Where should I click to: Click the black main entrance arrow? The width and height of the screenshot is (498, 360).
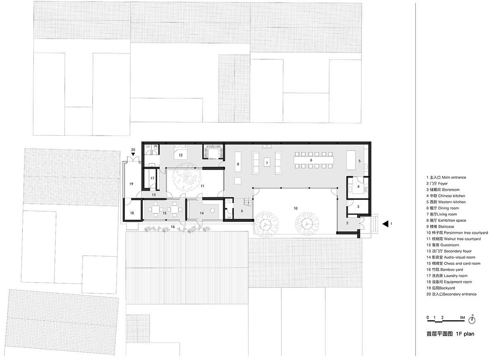[x=386, y=224]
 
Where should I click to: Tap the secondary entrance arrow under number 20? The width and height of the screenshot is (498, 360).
[x=133, y=154]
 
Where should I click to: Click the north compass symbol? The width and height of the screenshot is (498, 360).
[x=472, y=319]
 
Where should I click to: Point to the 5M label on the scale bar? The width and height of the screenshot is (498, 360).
[x=462, y=318]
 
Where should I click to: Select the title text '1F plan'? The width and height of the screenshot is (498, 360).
[x=465, y=334]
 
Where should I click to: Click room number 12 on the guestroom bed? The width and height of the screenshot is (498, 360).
[x=181, y=155]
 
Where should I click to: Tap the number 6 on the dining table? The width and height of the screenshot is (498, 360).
[x=311, y=160]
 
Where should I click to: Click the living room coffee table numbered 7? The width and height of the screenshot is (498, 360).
[x=267, y=163]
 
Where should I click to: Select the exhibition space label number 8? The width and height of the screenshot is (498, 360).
[x=238, y=164]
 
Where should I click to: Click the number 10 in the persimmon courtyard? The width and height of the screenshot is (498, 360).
[x=295, y=208]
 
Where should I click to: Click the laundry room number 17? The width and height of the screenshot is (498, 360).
[x=152, y=178]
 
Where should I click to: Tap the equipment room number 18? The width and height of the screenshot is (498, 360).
[x=132, y=213]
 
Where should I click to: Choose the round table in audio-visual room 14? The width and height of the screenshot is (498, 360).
[x=212, y=210]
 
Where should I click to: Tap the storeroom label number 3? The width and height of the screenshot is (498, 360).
[x=358, y=207]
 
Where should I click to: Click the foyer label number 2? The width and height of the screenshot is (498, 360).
[x=347, y=223]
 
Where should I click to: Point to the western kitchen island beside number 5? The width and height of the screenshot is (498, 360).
[x=351, y=160]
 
